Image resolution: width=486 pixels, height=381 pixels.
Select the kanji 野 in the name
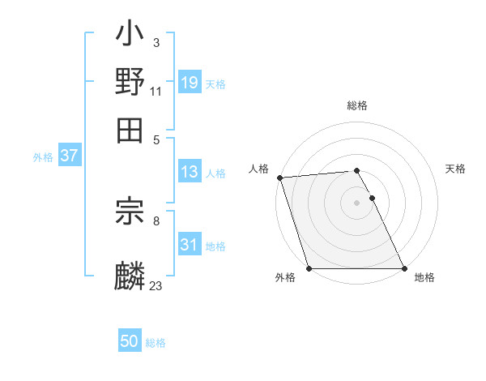point(130,82)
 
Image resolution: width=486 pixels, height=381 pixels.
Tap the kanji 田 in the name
point(130,128)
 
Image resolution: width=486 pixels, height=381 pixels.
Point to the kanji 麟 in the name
point(130,275)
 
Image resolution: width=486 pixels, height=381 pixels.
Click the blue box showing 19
point(189,83)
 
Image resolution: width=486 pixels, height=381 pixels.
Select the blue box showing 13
point(189,172)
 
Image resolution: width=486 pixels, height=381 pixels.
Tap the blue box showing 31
point(189,245)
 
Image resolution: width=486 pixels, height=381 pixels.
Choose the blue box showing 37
point(69,156)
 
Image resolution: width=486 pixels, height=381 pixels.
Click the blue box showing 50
point(130,341)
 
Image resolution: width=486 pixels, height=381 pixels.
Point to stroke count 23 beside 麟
point(156,285)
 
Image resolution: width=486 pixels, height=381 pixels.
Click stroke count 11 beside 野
point(156,91)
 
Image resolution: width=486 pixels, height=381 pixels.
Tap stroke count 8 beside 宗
point(156,219)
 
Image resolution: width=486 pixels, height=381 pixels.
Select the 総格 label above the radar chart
point(357,105)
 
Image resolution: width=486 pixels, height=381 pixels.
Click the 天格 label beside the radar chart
point(455,169)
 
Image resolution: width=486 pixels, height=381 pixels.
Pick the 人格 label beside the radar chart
point(258,169)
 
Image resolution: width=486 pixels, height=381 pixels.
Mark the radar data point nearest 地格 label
point(404,268)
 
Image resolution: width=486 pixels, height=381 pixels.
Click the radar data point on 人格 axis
point(279,178)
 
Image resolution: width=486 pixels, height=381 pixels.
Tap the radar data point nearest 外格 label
point(309,268)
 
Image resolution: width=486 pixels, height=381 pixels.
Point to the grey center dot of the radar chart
point(357,203)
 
